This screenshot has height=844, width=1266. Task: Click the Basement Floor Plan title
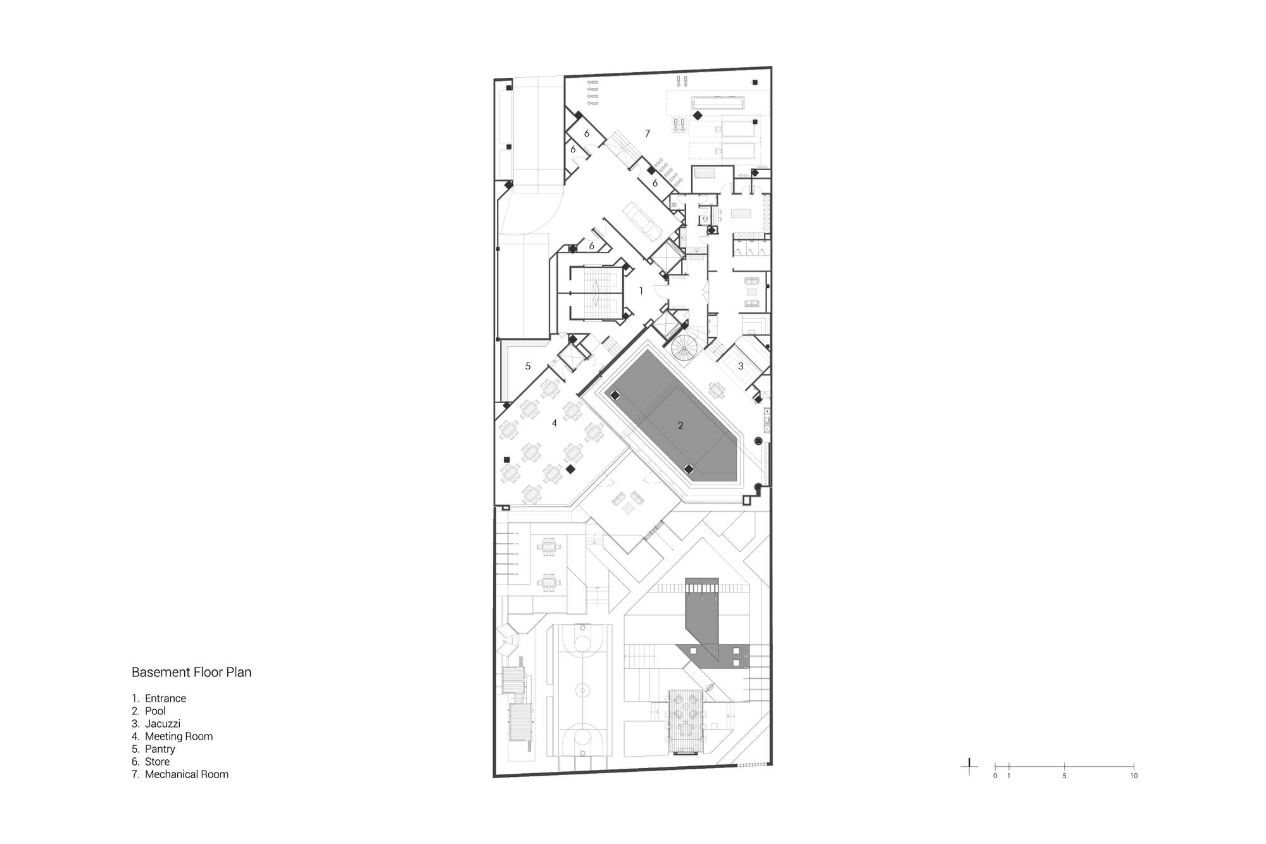click(191, 673)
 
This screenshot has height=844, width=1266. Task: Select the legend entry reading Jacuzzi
click(163, 724)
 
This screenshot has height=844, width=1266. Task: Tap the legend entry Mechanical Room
click(187, 774)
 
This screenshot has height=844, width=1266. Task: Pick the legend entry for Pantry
click(160, 749)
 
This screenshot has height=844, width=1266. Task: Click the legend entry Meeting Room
click(179, 736)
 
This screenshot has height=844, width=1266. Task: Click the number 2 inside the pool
click(680, 426)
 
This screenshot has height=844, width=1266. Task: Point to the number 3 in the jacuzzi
click(741, 366)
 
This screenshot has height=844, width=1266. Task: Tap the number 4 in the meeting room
click(555, 423)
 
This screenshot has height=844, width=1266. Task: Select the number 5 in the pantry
click(528, 366)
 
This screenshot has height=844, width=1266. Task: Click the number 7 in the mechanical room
click(648, 133)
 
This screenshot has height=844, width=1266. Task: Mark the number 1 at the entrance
click(641, 291)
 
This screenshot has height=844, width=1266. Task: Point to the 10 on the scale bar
click(1134, 776)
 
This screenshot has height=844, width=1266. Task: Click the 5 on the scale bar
click(1064, 776)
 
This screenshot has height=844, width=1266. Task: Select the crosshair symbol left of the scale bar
click(969, 766)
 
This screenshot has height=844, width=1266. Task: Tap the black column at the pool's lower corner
click(689, 469)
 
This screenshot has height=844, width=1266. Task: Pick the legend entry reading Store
click(157, 762)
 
